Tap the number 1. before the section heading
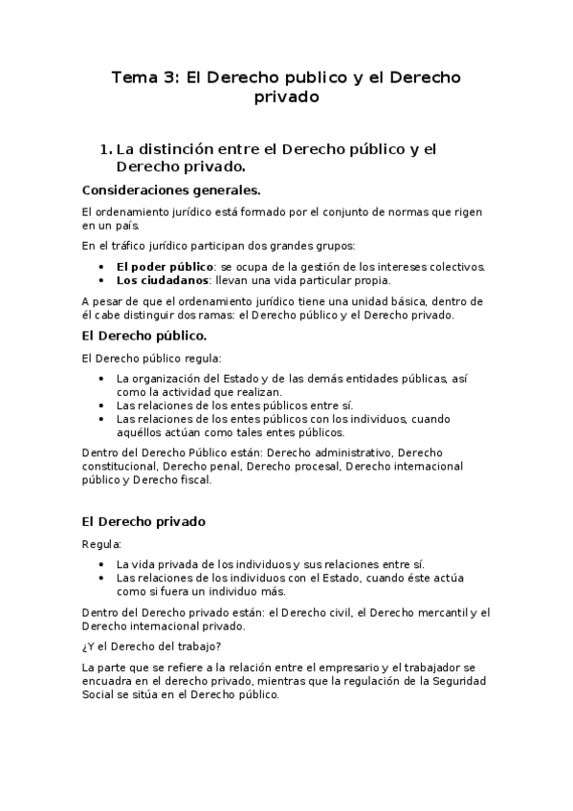(x=105, y=148)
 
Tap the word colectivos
(x=456, y=266)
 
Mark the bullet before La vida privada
(x=101, y=564)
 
